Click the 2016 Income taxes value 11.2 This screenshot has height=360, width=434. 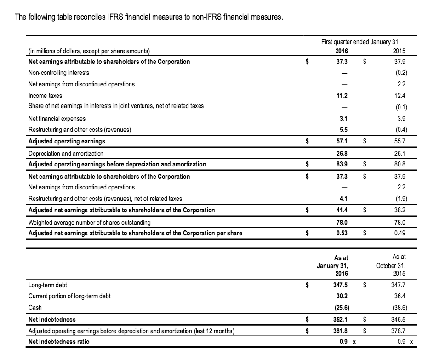[342, 96]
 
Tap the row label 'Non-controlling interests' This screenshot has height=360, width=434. [59, 72]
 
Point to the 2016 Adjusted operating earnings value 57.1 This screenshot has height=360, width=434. [342, 141]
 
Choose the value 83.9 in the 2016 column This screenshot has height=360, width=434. [342, 164]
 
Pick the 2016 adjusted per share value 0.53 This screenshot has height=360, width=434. [342, 233]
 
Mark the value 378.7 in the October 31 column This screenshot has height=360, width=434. [400, 330]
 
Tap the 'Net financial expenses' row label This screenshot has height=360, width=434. [57, 118]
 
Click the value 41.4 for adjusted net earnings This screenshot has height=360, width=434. [342, 210]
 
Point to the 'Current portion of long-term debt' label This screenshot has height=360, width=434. [69, 296]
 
